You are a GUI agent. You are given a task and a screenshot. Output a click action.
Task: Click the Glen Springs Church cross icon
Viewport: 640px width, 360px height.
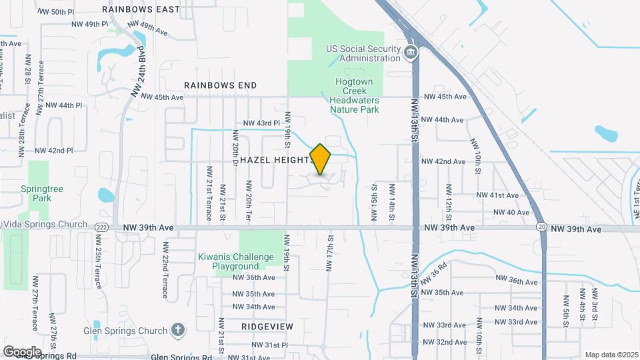click(x=177, y=329)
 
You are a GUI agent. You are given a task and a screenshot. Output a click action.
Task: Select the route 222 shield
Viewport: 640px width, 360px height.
click(x=101, y=227)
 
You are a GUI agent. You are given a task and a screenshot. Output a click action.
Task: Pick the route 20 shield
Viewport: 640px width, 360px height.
click(x=543, y=227)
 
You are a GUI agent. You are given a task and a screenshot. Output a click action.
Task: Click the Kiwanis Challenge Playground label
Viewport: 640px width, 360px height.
click(x=235, y=261)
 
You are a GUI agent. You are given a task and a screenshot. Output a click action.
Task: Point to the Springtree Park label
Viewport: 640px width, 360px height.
click(x=41, y=193)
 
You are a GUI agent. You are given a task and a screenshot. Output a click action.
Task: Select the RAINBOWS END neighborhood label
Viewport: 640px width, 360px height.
click(x=220, y=85)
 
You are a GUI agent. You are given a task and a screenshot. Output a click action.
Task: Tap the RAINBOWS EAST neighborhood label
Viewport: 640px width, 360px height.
click(x=141, y=9)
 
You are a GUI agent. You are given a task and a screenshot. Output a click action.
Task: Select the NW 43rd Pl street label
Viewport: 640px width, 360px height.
click(x=261, y=123)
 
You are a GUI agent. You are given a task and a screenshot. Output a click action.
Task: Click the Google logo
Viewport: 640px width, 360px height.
click(x=21, y=351)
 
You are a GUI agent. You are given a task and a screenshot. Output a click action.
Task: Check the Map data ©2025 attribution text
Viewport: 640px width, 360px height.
click(x=611, y=355)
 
